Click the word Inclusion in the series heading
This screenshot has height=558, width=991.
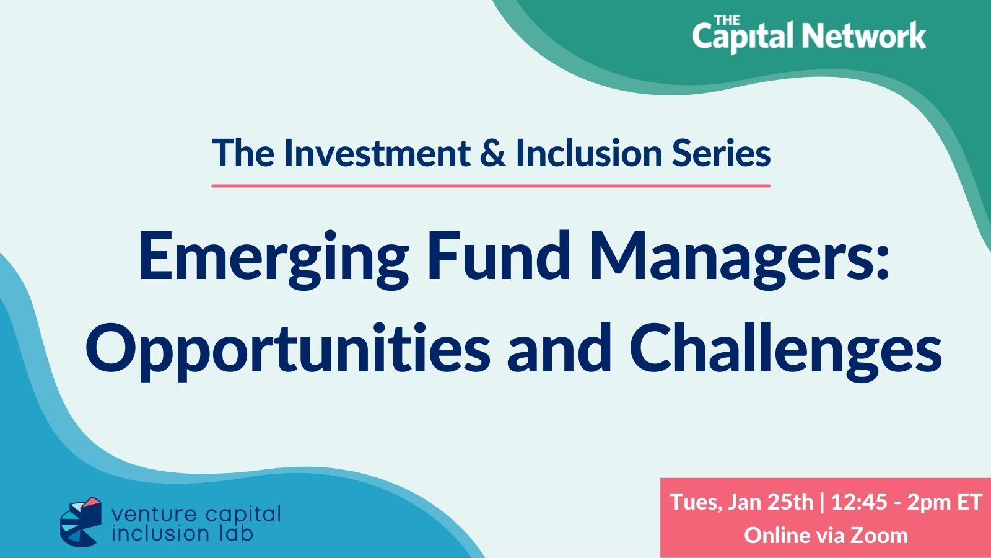[x=589, y=153]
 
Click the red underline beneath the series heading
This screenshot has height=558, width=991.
[x=491, y=186]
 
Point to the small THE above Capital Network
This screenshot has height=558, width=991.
[x=727, y=19]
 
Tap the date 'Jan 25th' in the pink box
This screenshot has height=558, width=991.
[x=771, y=502]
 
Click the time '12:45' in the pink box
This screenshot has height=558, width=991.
[x=859, y=502]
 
